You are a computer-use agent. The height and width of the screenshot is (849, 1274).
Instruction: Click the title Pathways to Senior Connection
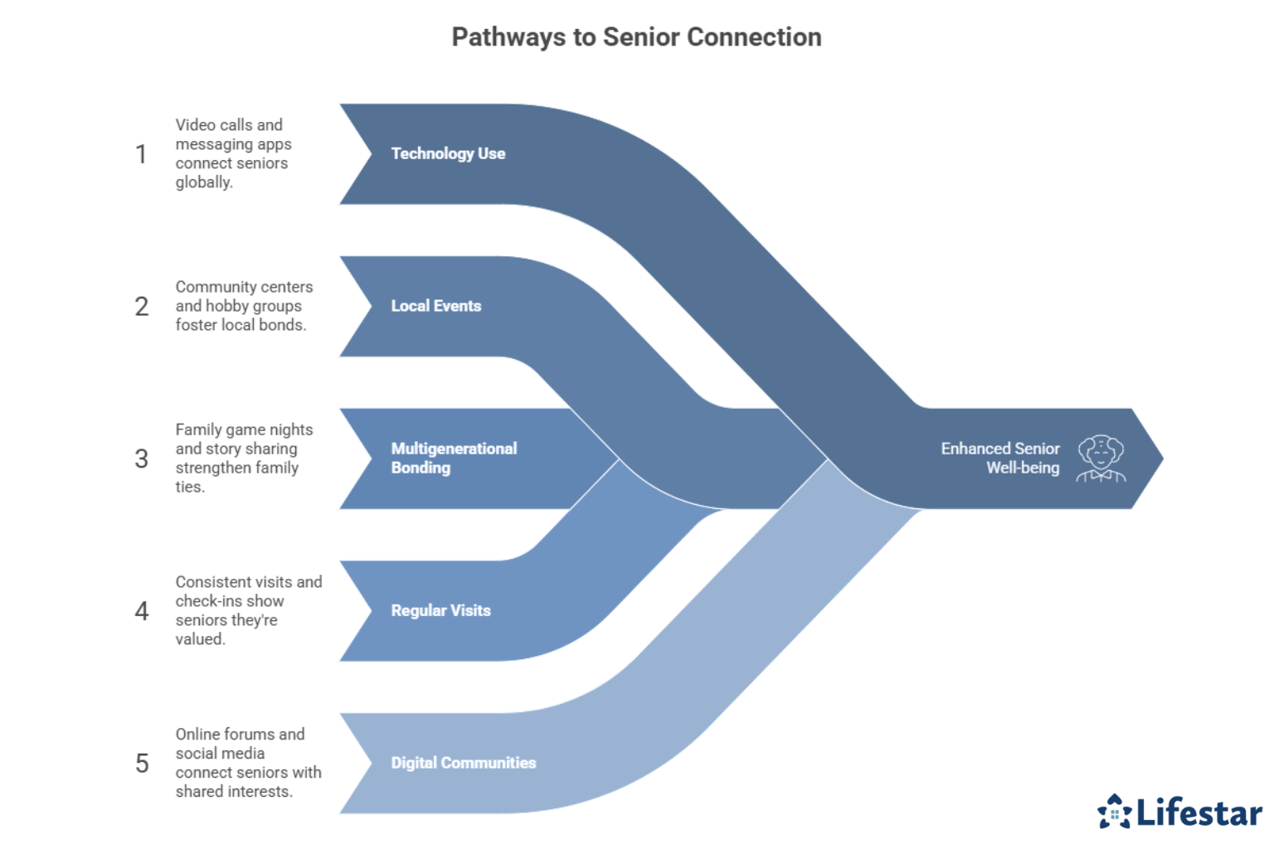[x=636, y=37]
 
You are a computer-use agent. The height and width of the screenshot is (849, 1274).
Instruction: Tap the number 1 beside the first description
[x=142, y=154]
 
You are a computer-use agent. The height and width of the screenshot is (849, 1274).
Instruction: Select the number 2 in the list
[x=142, y=307]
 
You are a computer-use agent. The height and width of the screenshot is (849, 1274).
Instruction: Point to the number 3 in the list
[x=142, y=458]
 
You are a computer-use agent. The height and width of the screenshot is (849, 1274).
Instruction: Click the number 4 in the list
[x=142, y=611]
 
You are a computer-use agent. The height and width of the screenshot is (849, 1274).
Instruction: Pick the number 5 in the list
[x=142, y=764]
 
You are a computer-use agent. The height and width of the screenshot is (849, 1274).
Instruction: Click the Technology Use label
[x=448, y=153]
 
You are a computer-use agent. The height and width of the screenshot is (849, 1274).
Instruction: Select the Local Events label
[x=435, y=306]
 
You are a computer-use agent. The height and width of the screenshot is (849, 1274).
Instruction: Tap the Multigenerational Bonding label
[x=453, y=458]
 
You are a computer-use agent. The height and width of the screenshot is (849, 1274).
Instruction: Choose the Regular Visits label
[x=440, y=611]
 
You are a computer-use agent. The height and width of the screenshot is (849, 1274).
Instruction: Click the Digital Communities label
[x=463, y=763]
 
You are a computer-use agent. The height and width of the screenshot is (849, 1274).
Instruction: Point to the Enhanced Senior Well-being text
[x=999, y=458]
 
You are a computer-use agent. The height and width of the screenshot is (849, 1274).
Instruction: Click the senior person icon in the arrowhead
[x=1101, y=458]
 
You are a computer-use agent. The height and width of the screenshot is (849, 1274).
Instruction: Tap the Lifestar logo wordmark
[x=1199, y=813]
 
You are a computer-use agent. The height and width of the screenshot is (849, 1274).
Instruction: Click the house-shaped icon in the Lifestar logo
[x=1114, y=812]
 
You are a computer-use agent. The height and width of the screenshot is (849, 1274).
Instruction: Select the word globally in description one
[x=203, y=182]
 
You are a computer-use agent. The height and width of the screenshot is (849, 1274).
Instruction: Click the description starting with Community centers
[x=243, y=306]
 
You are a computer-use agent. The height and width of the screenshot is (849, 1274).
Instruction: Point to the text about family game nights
[x=243, y=458]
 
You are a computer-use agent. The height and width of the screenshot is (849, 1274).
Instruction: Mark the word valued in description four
[x=200, y=639]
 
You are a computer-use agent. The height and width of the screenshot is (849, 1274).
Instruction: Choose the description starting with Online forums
[x=247, y=763]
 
